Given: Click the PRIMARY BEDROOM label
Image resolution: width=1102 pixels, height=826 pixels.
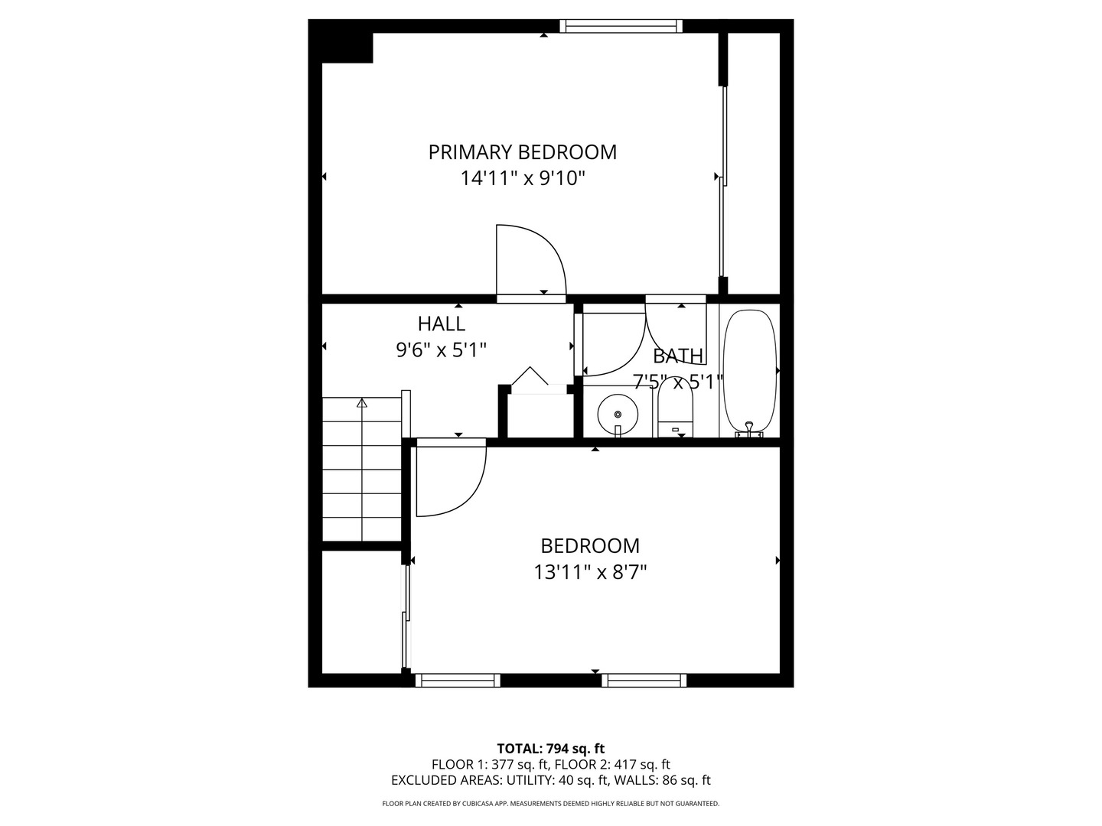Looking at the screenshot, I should click(x=522, y=152).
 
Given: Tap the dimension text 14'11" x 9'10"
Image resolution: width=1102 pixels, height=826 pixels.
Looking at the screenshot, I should click(x=522, y=179).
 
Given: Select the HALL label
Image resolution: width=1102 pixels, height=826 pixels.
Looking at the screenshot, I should click(x=442, y=324).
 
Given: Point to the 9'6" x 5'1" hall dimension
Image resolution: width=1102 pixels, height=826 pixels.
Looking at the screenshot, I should click(x=442, y=350).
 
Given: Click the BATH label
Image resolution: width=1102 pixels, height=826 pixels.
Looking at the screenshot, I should click(x=678, y=356).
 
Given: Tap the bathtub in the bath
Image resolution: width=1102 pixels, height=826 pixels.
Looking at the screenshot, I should click(x=750, y=371).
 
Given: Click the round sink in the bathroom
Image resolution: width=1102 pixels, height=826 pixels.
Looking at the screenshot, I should click(x=618, y=414).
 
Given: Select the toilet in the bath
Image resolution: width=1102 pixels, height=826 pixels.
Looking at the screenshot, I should click(x=675, y=415).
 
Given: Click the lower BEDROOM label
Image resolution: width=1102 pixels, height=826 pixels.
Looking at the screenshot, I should click(x=590, y=546).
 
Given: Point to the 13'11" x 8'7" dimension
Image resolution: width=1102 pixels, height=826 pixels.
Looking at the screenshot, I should click(x=590, y=572).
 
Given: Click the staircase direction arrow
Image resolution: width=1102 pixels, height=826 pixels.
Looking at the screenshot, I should click(x=362, y=402).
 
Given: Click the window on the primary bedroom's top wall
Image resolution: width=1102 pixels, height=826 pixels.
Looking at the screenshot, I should click(x=621, y=26).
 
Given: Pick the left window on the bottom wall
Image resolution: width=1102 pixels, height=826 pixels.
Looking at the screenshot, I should click(x=458, y=680).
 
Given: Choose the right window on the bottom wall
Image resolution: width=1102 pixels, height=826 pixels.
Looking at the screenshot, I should click(x=644, y=680).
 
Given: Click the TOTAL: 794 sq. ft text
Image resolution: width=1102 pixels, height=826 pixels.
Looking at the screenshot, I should click(x=550, y=749).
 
